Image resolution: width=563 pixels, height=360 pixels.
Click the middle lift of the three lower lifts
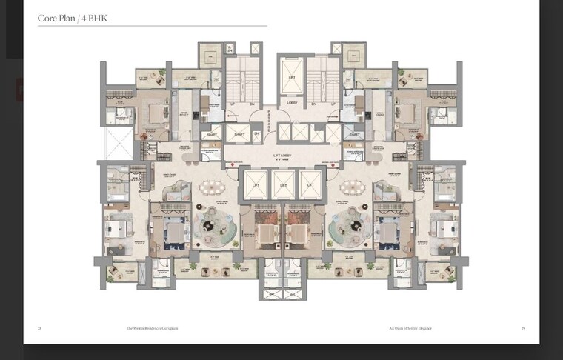[282, 184]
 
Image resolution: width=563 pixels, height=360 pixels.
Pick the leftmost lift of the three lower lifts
[256, 184]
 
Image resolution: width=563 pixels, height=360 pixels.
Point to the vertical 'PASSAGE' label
[270, 119]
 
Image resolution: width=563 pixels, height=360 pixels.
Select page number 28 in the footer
[40, 327]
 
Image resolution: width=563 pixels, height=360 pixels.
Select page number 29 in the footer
[523, 327]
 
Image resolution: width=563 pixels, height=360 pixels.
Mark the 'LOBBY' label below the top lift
[292, 102]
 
